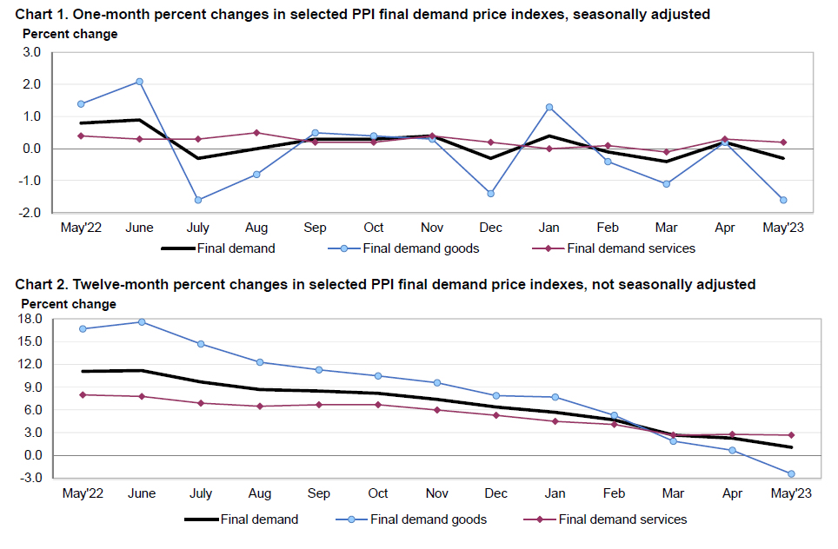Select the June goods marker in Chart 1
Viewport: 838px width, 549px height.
139,82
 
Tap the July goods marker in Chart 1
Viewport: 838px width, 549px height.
198,200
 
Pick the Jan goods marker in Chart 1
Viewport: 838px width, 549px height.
549,107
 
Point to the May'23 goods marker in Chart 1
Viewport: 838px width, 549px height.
783,200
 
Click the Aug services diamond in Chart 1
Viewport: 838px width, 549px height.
256,133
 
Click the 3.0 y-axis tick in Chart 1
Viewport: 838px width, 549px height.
32,52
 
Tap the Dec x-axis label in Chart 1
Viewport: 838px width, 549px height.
490,228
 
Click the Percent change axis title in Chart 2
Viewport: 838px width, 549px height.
69,304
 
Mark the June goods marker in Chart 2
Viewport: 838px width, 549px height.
142,322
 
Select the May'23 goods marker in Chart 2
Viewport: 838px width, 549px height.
791,473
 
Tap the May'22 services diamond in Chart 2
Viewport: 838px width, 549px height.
83,394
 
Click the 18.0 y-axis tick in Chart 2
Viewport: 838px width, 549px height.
30,319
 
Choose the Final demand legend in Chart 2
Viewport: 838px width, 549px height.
243,519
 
